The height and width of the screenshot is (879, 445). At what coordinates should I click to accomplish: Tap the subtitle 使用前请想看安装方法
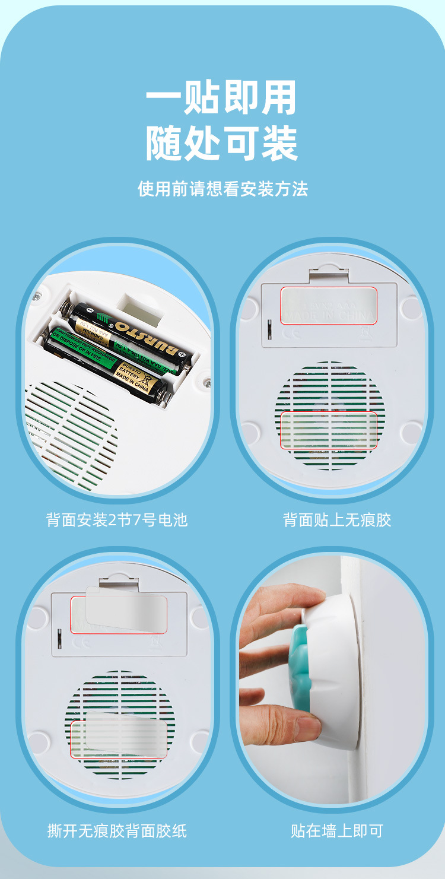point(223,189)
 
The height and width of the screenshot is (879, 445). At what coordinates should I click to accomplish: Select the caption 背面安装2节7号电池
point(117,520)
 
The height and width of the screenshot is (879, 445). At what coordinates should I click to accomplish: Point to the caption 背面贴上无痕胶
point(337,520)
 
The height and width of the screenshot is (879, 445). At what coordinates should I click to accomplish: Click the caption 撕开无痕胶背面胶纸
point(117,830)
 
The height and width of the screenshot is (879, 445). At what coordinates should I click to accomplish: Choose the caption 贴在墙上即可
point(337,830)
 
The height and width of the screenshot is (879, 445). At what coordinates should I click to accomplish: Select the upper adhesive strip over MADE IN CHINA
point(329,305)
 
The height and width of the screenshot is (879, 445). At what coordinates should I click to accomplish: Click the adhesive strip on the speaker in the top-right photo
point(329,430)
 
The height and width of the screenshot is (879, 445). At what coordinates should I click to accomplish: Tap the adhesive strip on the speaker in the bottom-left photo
point(119,739)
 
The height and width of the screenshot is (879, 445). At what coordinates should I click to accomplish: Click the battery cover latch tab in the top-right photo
point(328,274)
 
